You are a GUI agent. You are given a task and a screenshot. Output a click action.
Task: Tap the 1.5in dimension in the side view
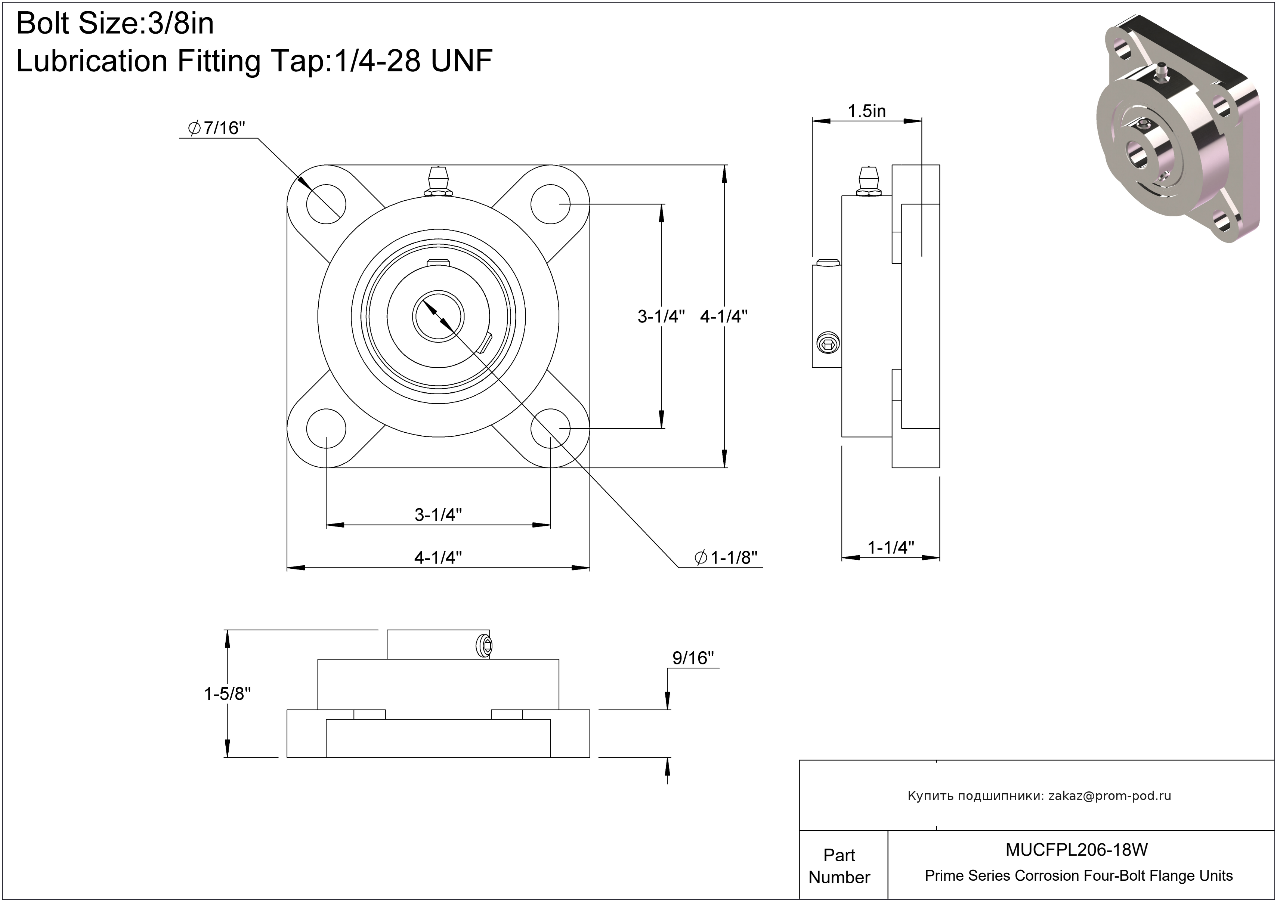866,111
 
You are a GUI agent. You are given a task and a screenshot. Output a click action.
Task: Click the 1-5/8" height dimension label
228,694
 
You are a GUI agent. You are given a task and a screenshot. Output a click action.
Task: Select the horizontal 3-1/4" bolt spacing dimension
438,515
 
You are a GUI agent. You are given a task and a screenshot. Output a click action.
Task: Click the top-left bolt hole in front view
326,204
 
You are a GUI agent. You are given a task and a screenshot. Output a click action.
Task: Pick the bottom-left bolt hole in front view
326,429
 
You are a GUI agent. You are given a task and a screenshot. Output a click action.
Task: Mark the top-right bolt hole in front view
551,204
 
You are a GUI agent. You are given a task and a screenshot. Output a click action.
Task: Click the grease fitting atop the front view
438,181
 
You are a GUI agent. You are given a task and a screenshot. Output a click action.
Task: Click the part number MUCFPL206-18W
1077,849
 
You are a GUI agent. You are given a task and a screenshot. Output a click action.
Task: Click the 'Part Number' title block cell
839,865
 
